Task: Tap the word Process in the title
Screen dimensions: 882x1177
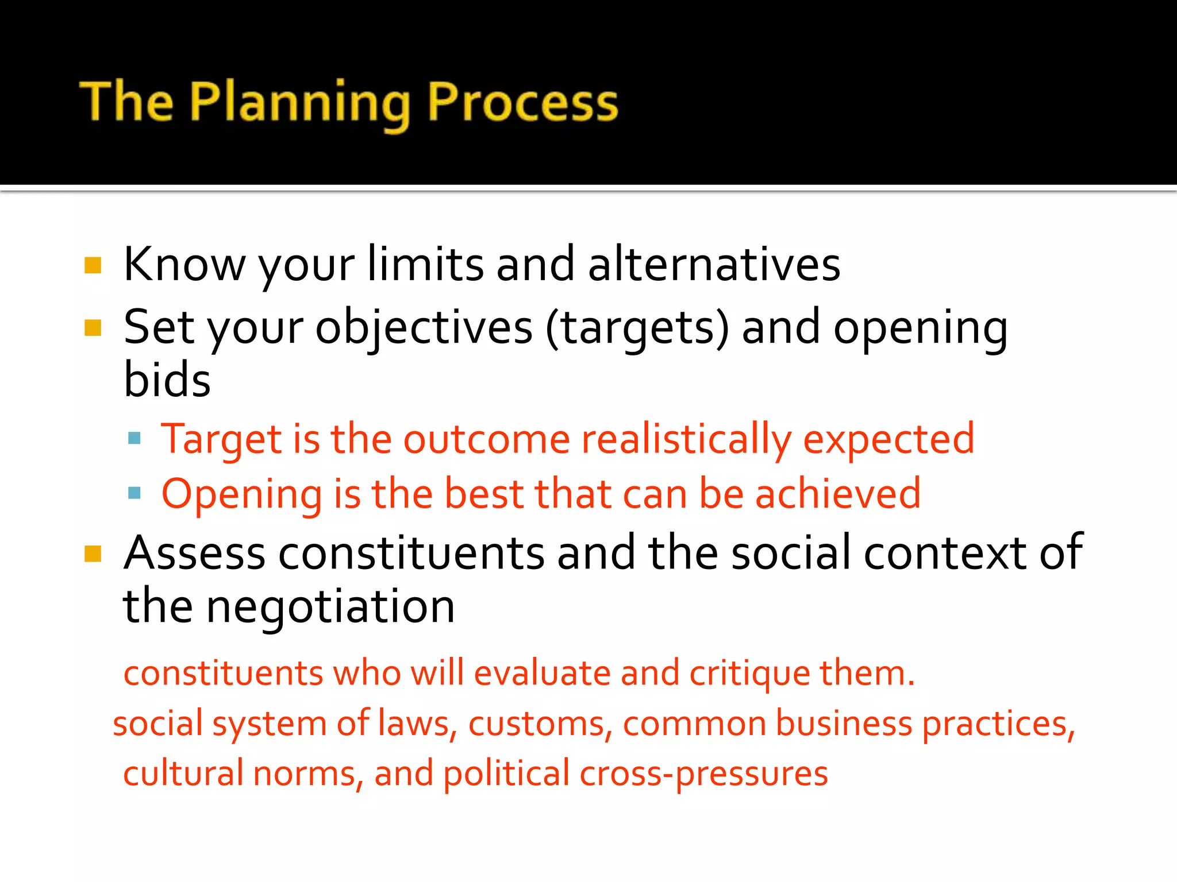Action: coord(522,103)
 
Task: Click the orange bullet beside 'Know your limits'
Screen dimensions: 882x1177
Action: coord(93,265)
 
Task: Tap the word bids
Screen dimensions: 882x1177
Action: coord(167,380)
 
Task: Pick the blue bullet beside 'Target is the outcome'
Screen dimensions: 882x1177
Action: coord(134,439)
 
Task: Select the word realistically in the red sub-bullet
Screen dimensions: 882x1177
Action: coord(686,440)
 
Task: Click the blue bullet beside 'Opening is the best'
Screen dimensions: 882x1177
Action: coord(134,493)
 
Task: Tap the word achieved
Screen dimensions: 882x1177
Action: coord(837,494)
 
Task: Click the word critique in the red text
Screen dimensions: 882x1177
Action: coord(749,674)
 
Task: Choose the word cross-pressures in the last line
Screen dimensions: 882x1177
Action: coord(703,774)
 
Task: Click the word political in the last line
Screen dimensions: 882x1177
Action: coord(506,774)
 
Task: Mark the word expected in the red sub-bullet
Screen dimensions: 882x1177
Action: coord(888,440)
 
